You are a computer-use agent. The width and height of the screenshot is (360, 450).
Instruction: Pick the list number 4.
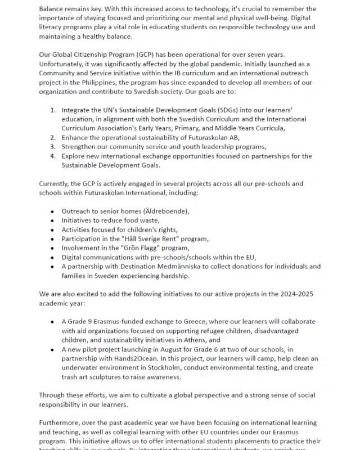(52, 156)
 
